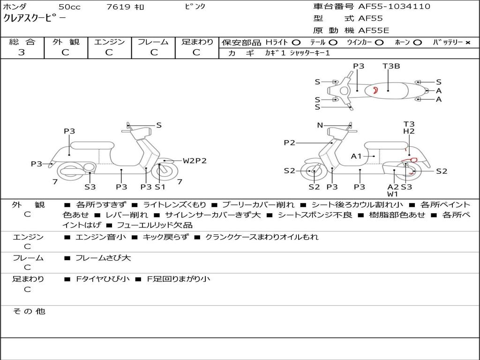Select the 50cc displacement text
click(69, 7)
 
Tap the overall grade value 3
click(22, 52)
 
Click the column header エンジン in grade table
click(109, 42)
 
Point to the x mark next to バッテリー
click(467, 42)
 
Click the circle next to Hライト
click(296, 42)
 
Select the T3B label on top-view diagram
click(391, 66)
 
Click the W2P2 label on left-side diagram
click(195, 161)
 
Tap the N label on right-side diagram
click(320, 125)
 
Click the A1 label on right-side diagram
click(356, 156)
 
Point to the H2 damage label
click(409, 132)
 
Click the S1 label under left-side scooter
click(160, 187)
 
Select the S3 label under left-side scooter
click(90, 187)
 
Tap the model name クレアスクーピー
click(35, 18)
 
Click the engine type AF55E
click(374, 30)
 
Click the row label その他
click(29, 311)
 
